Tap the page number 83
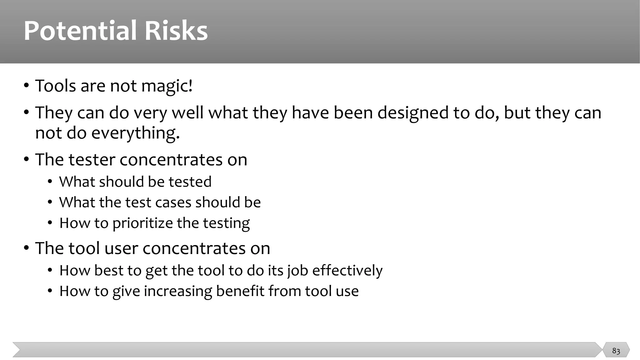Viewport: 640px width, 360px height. (x=616, y=351)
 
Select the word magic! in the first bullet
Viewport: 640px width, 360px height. (x=167, y=86)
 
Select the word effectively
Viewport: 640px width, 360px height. (x=347, y=271)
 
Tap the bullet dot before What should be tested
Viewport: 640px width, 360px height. (x=50, y=182)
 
